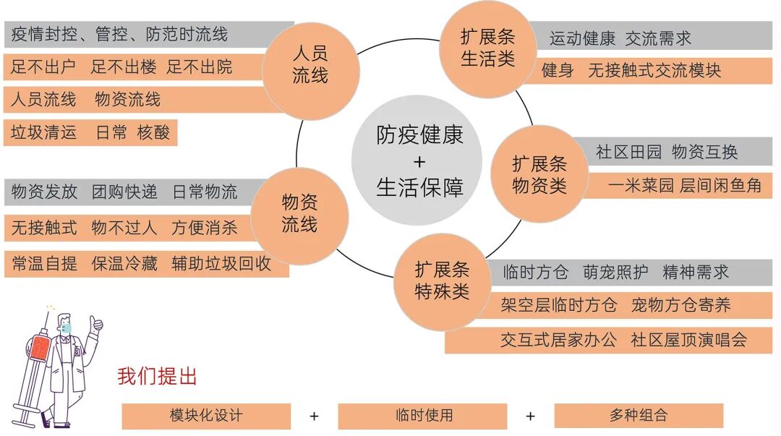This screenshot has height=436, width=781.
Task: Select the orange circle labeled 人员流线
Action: [x=310, y=63]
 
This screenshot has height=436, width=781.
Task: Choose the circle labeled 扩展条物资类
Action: [x=539, y=174]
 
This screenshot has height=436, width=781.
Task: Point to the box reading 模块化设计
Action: [x=206, y=416]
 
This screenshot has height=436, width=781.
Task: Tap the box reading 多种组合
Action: [x=639, y=416]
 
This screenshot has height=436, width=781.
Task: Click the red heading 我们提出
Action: [x=157, y=377]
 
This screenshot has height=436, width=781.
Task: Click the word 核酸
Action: [x=153, y=133]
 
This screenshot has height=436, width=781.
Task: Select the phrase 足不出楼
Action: [x=124, y=67]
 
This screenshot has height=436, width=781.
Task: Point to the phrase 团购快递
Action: [x=124, y=192]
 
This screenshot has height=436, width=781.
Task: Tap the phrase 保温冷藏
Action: [x=124, y=264]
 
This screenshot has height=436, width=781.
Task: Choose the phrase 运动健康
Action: [x=582, y=38]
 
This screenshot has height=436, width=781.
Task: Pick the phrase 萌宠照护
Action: [x=615, y=273]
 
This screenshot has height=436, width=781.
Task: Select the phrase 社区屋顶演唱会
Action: [x=688, y=339]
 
